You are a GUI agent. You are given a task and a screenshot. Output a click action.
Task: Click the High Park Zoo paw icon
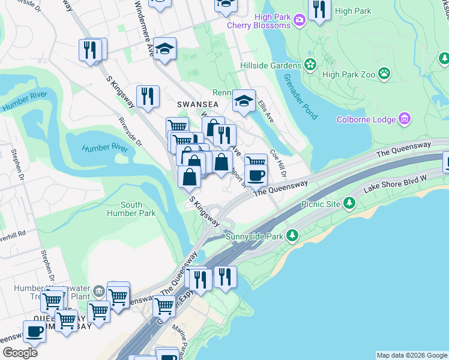tap(384, 74)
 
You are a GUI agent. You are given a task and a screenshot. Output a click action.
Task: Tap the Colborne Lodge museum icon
tap(405, 119)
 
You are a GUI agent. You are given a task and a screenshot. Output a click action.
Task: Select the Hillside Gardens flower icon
tap(310, 65)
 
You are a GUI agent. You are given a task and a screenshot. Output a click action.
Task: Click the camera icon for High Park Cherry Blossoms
tap(300, 20)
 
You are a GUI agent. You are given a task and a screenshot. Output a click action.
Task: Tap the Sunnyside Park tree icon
tap(292, 236)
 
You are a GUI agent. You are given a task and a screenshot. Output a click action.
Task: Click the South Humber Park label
tap(131, 209)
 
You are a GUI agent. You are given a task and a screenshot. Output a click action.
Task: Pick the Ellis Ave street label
tap(265, 111)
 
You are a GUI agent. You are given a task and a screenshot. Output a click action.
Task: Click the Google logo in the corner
tap(19, 352)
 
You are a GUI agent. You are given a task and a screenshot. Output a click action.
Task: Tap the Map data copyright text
tap(412, 355)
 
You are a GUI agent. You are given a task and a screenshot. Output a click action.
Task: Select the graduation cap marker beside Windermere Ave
tap(164, 49)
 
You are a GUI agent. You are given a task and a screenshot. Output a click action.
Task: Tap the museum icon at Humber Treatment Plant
tap(98, 293)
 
